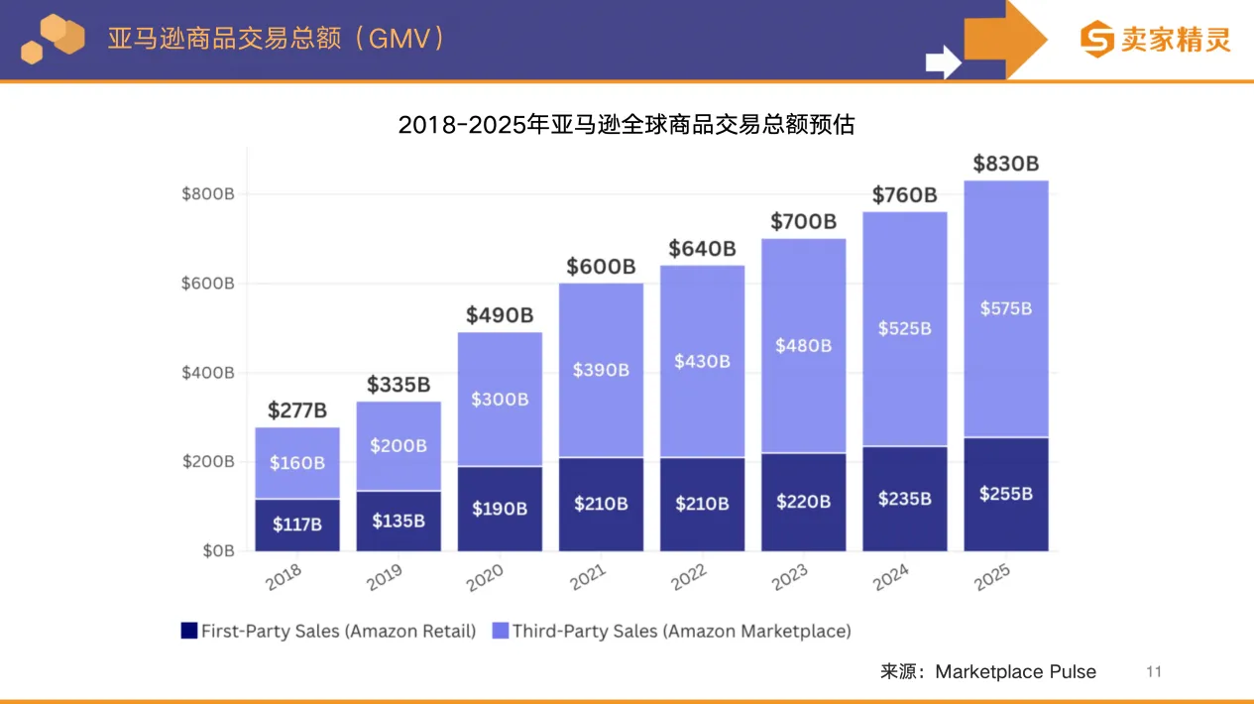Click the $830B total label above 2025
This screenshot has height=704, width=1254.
coord(1005,164)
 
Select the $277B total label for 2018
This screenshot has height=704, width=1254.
coord(297,411)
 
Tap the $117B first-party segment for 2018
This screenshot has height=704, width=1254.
coord(297,525)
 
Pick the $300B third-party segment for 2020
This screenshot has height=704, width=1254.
coord(500,400)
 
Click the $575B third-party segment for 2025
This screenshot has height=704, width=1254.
coord(1005,308)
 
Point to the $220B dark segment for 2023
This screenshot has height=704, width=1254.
coord(803,502)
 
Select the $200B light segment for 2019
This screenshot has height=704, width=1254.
coord(399,445)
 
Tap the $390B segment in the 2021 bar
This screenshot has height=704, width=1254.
coord(601,370)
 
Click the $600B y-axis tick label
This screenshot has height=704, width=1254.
coord(207,284)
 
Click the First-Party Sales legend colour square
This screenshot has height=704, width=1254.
coord(188,631)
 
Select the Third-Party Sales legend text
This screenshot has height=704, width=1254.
coord(681,631)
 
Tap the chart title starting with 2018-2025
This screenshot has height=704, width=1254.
coord(626,125)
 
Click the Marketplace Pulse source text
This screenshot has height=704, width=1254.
coord(1015,671)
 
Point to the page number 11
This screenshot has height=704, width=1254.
coord(1153,671)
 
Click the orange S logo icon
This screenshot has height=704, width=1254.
coord(1097,40)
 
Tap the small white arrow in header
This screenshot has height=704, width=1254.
coord(943,61)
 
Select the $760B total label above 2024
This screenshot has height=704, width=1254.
coord(904,195)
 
